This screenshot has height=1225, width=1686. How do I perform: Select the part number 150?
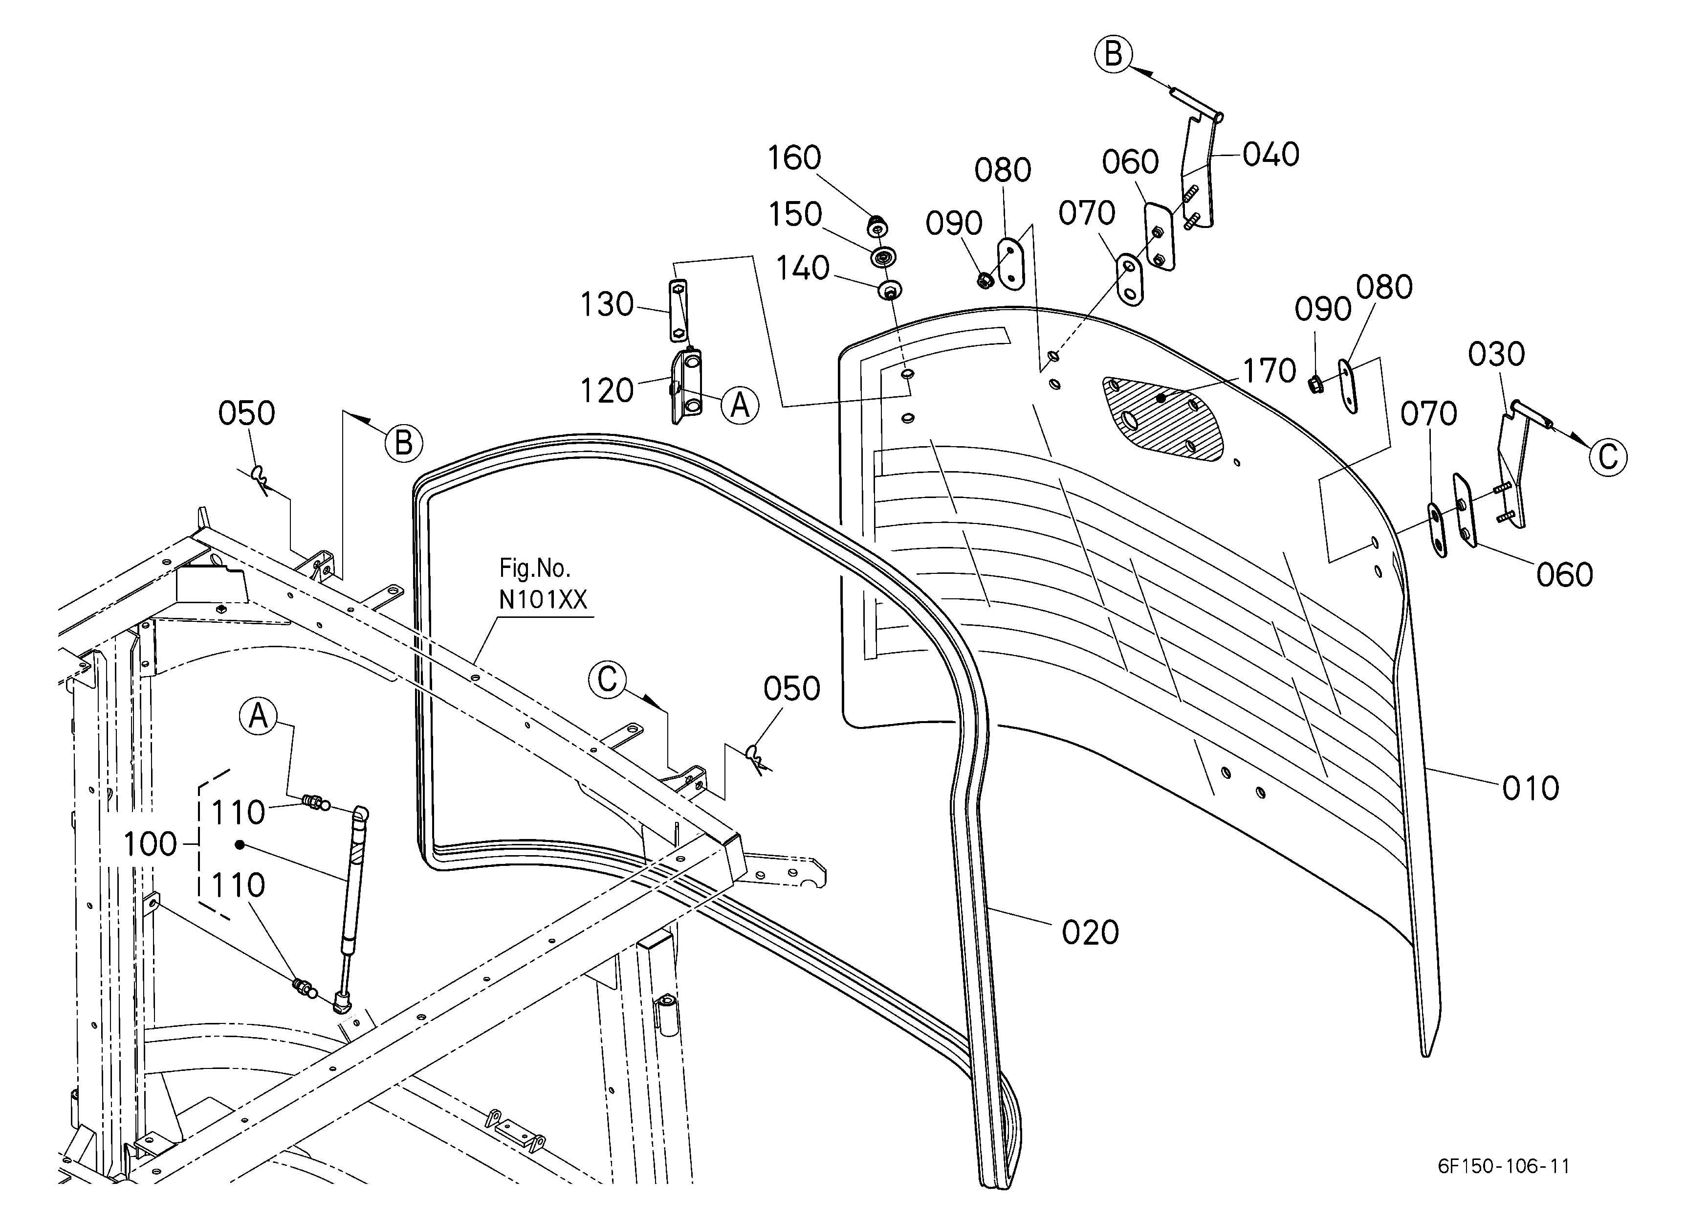point(795,214)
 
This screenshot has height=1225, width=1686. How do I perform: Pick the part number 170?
point(1270,370)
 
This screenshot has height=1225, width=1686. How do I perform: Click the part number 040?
point(1271,154)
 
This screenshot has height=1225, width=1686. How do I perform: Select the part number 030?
point(1496,354)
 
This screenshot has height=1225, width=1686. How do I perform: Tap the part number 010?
point(1531,789)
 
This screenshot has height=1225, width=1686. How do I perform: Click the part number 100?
point(150,844)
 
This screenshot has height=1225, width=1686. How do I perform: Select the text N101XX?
point(543,599)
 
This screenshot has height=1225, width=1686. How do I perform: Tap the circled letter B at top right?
point(1114,54)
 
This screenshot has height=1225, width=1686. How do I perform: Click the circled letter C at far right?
point(1608,456)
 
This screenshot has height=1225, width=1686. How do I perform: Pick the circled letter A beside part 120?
point(740,406)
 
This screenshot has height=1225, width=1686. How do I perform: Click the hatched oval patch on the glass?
point(1163,418)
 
